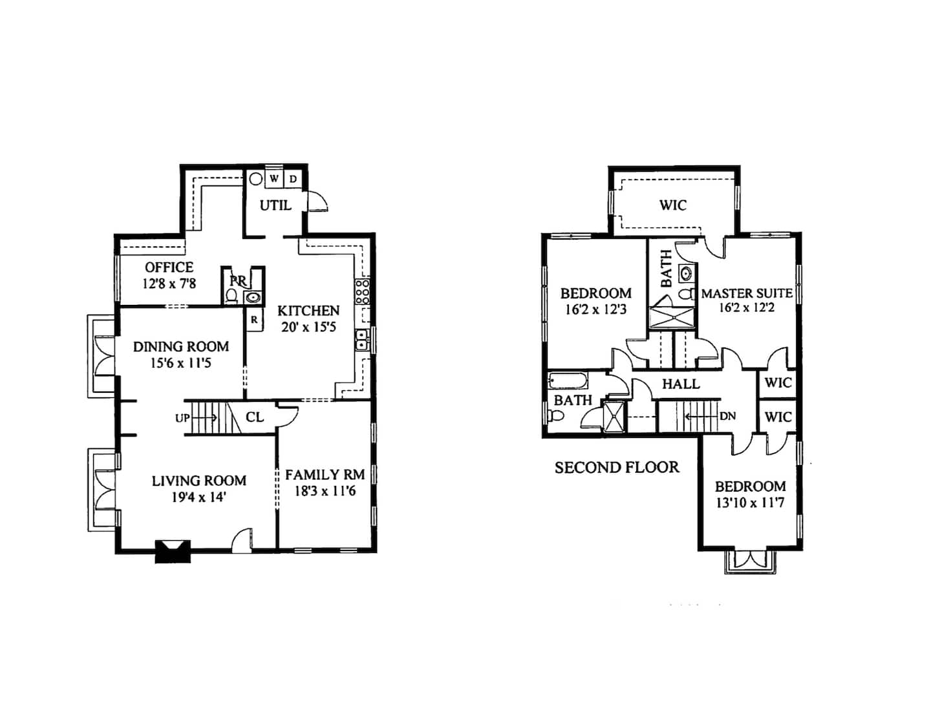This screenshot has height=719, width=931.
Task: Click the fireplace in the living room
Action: pos(173,551)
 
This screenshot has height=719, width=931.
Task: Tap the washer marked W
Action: pos(274,178)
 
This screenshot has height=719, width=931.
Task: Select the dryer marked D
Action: pos(293,179)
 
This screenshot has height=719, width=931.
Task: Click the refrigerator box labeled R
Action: pos(255,320)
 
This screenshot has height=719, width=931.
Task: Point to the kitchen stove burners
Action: pos(362,292)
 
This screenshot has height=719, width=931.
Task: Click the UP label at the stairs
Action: pos(182,418)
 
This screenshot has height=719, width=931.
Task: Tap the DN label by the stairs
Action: pos(728,416)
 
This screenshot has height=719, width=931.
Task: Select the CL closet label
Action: pos(255,417)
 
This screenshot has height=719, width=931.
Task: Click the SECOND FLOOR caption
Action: pos(617,467)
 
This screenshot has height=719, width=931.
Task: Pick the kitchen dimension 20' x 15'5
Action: pos(308,328)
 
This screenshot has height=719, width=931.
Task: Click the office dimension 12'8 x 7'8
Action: pos(169,284)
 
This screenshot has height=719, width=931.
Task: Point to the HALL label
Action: pos(681,384)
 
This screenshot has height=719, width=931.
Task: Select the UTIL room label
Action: pos(275,205)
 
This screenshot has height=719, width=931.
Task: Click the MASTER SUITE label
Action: pos(747,293)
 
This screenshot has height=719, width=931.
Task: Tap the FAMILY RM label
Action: pos(325,475)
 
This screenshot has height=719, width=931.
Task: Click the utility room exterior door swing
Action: pos(317,201)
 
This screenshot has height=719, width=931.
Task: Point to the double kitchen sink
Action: pos(362,340)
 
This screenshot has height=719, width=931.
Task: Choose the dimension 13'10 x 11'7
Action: pos(750,503)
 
